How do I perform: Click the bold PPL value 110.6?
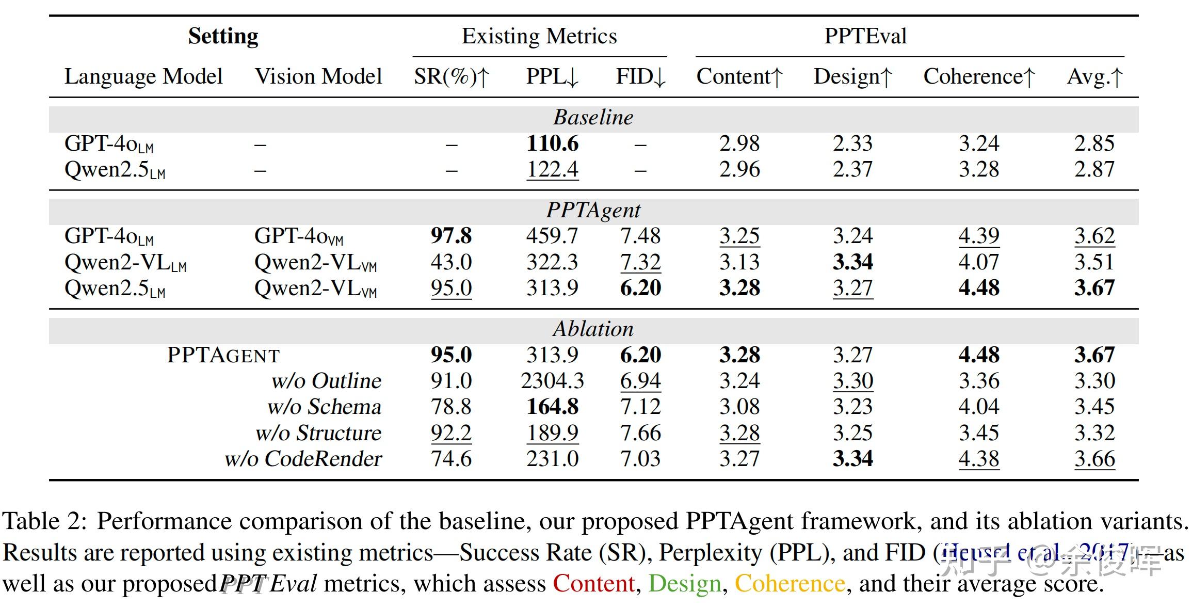(x=552, y=143)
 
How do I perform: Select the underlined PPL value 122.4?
(x=552, y=169)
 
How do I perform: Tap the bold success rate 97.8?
(x=451, y=236)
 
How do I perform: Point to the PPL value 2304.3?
(x=552, y=381)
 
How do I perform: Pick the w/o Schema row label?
(x=324, y=407)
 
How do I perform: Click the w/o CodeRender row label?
(x=303, y=458)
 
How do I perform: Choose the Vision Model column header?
(x=318, y=76)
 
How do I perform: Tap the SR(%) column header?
(x=451, y=76)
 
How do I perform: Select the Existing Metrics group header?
(x=539, y=36)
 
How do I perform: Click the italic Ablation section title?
(x=593, y=329)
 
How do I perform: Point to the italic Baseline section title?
(x=593, y=117)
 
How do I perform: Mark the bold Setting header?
(x=223, y=36)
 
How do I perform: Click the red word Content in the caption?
(x=593, y=584)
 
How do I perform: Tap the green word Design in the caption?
(x=684, y=584)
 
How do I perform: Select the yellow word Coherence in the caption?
(x=790, y=584)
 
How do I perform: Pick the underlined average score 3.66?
(x=1094, y=458)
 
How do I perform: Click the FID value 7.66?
(x=640, y=433)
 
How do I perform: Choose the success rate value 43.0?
(x=451, y=262)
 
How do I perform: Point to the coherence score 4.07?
(x=979, y=262)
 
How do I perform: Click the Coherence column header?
(x=979, y=76)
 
